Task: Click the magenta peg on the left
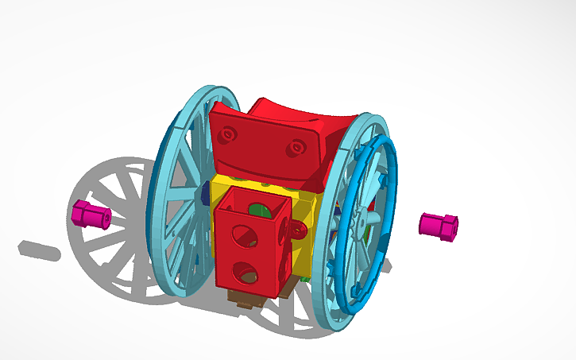point(91,214)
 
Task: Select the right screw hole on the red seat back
point(297,148)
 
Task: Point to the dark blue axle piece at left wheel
point(206,193)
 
